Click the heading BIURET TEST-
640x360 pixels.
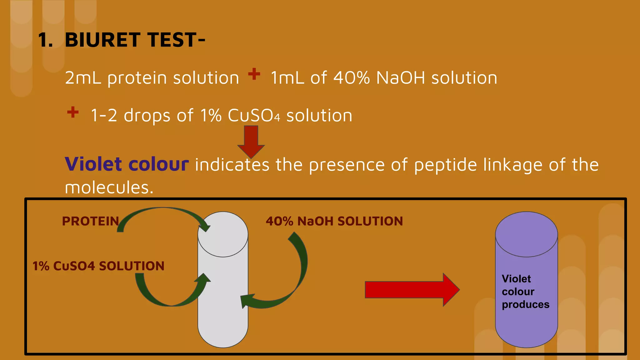tap(135, 40)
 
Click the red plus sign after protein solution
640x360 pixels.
tap(254, 74)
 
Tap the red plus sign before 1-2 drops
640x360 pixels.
tap(73, 112)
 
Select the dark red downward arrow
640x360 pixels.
tap(251, 141)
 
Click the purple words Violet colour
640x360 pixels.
tap(127, 164)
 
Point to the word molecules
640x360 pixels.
tap(109, 187)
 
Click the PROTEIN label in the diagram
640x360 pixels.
tap(91, 221)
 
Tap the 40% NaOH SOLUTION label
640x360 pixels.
tap(334, 221)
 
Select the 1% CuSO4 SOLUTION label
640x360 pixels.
tap(98, 266)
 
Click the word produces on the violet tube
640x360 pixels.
tap(526, 304)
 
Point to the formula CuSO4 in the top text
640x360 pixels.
tap(254, 116)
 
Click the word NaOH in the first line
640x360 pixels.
tap(401, 78)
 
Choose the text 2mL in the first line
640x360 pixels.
tap(83, 78)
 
